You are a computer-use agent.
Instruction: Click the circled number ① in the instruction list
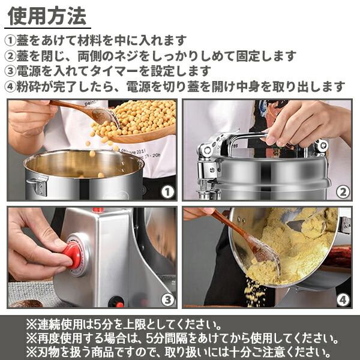coord(12,41)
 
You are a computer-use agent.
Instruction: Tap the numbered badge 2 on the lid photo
coord(343,192)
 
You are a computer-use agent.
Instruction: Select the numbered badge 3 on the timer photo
coord(167,299)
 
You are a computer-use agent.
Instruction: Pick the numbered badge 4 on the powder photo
coord(343,299)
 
